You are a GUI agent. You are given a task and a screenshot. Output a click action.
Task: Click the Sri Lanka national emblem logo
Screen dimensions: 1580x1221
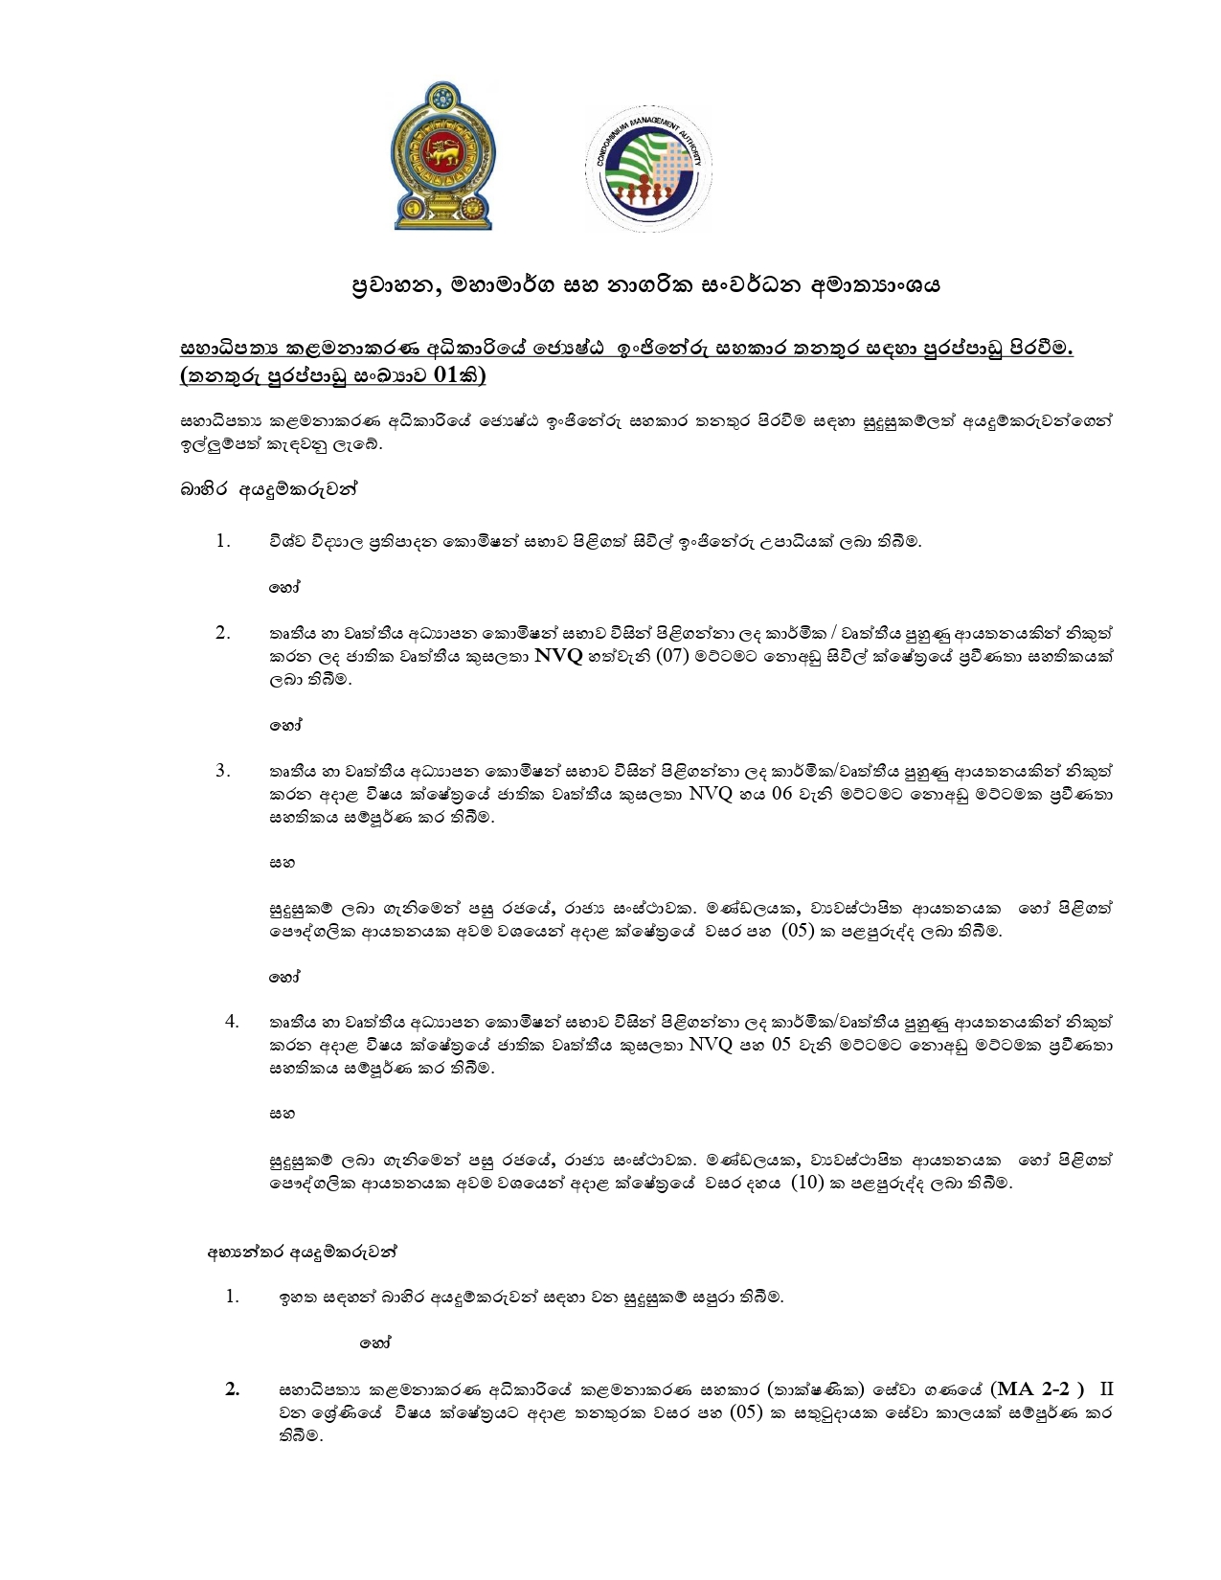pyautogui.click(x=442, y=155)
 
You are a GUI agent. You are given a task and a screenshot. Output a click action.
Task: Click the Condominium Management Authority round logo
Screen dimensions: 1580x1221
pyautogui.click(x=648, y=169)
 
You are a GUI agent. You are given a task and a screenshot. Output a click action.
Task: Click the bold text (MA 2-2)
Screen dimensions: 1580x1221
pyautogui.click(x=1039, y=1389)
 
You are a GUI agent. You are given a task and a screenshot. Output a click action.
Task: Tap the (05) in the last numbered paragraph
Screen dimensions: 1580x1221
pyautogui.click(x=746, y=1412)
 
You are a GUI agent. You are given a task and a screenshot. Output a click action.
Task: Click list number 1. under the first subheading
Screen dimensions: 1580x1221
pyautogui.click(x=223, y=541)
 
